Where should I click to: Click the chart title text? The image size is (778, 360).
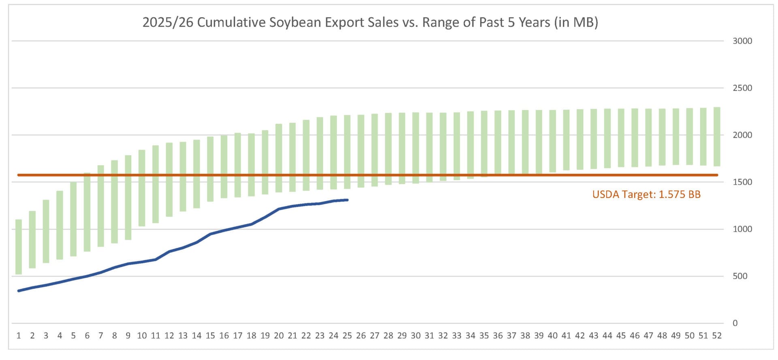click(x=370, y=22)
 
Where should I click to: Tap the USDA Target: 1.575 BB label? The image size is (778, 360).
click(x=646, y=195)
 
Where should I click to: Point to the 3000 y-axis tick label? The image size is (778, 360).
click(x=742, y=41)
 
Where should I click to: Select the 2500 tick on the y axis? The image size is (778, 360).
click(x=742, y=88)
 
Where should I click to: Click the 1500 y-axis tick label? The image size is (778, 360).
click(x=742, y=182)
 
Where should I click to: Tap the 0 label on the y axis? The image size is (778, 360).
click(x=735, y=323)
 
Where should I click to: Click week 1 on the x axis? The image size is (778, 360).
click(x=19, y=336)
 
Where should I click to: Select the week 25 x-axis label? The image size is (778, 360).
click(x=347, y=336)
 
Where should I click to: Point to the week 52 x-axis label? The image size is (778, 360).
click(x=717, y=336)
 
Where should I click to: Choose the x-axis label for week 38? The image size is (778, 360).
click(x=525, y=336)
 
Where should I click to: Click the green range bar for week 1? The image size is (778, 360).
click(x=19, y=247)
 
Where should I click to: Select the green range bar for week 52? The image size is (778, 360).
click(x=717, y=136)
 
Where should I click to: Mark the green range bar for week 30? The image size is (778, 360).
click(x=416, y=148)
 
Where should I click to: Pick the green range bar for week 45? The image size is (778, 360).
click(x=621, y=138)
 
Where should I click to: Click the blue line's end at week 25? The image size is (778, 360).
click(x=347, y=200)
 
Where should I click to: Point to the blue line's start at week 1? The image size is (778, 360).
click(x=19, y=291)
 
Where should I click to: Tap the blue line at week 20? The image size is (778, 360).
click(x=279, y=209)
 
